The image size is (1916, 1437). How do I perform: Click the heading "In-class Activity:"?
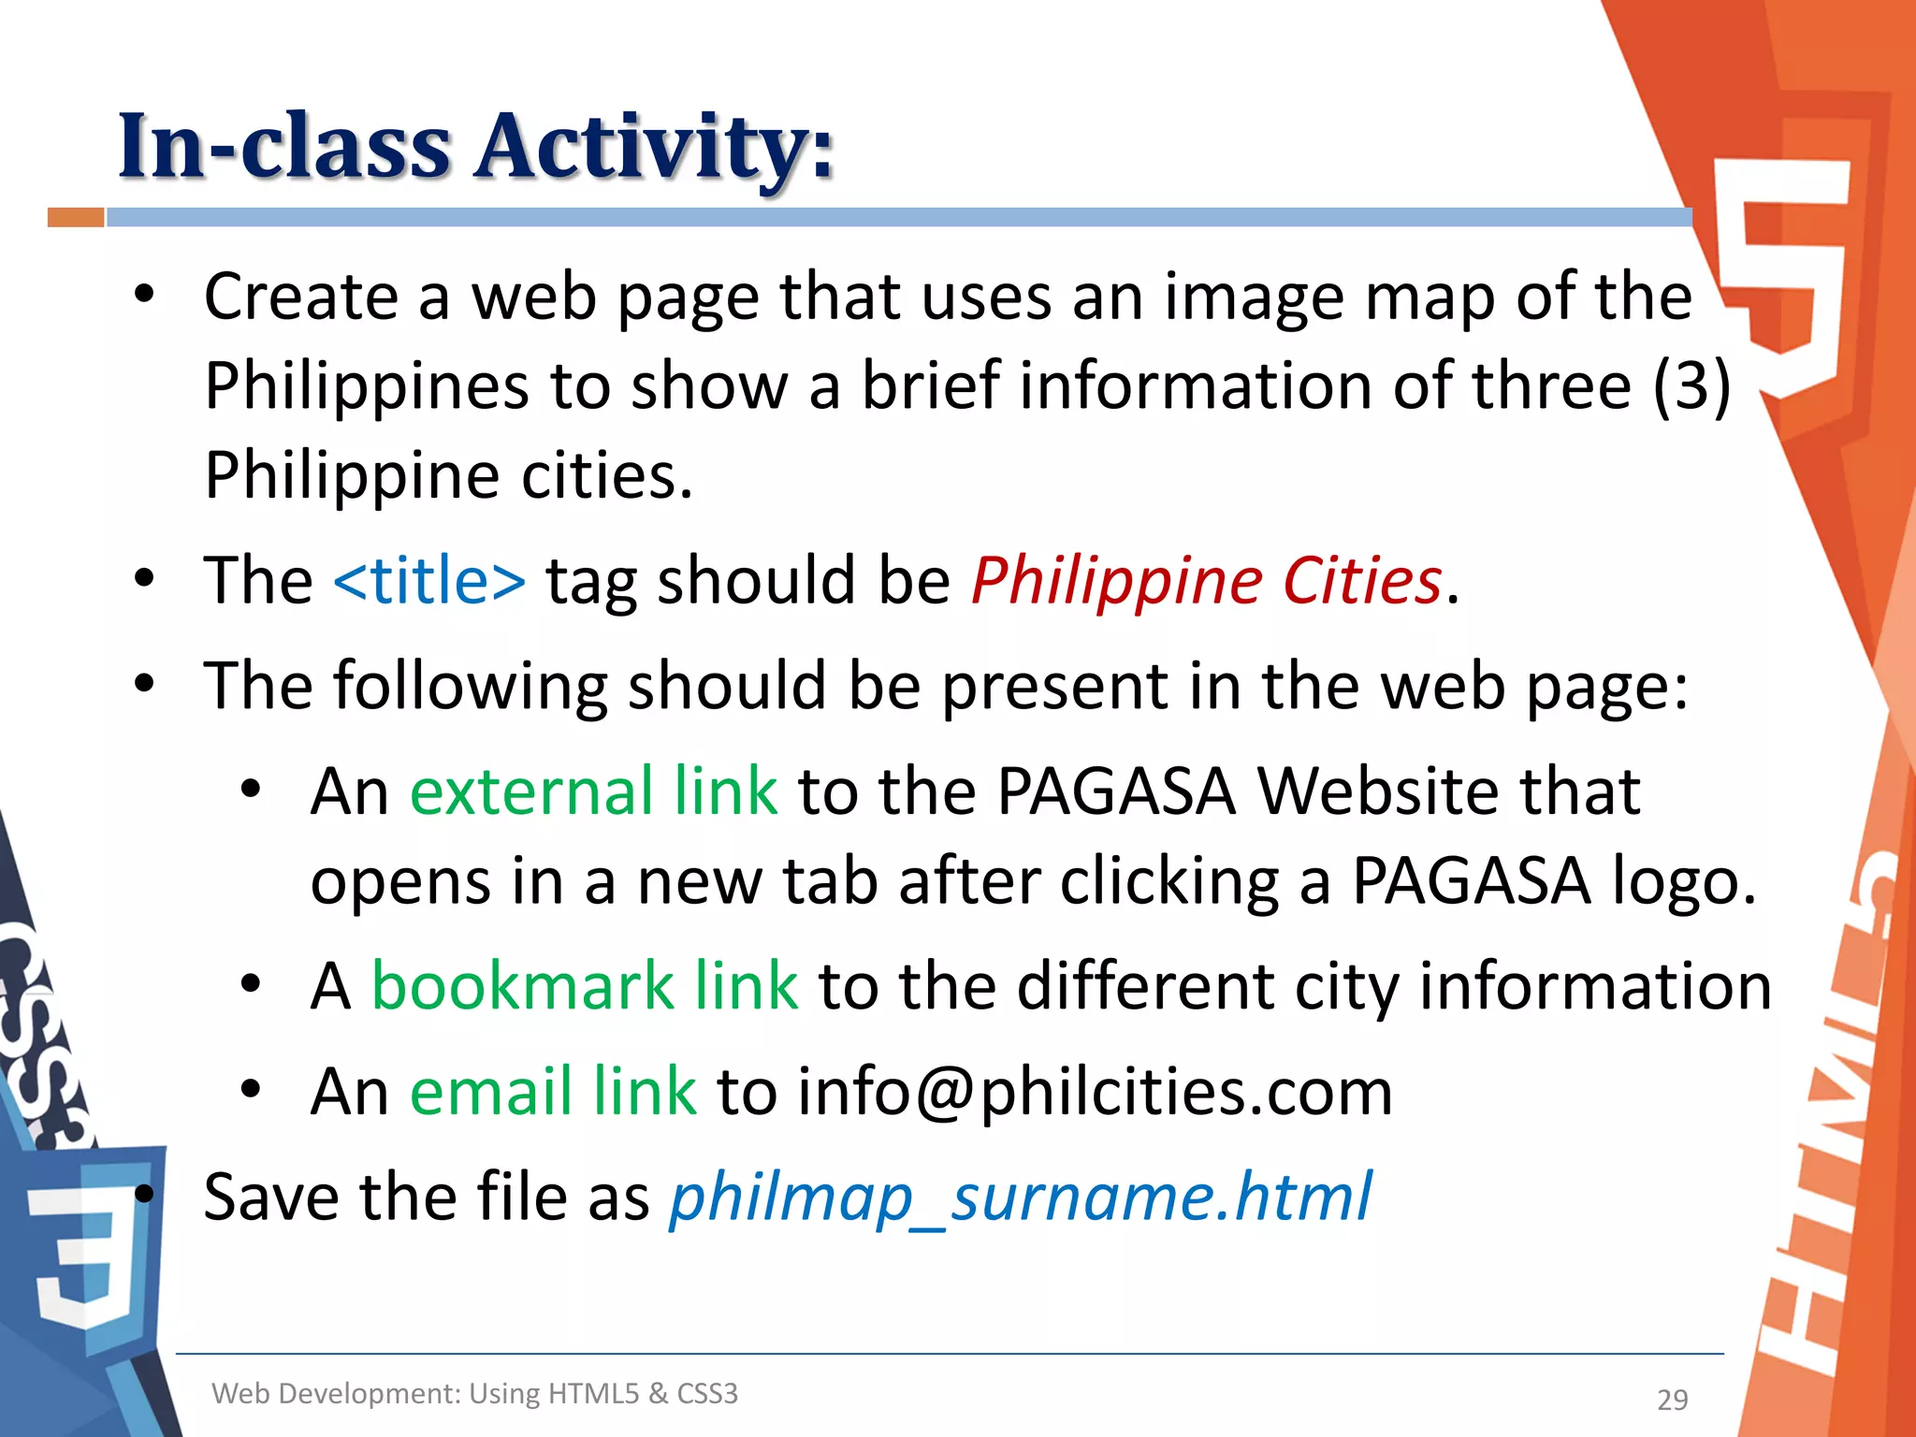coord(475,147)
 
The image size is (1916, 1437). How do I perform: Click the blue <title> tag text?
coord(429,581)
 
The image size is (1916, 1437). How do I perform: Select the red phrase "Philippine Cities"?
coord(1207,581)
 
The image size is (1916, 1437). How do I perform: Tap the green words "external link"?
coord(593,791)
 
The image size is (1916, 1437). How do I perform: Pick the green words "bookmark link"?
coord(585,986)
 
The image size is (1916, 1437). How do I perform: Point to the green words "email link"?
coord(553,1092)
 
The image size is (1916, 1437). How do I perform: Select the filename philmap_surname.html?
coord(1021,1197)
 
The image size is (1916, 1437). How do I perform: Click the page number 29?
coord(1672,1400)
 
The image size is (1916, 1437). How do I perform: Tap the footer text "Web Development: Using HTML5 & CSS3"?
coord(475,1394)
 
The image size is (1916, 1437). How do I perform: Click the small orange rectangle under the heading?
coord(76,217)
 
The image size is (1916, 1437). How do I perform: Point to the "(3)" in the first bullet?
coord(1691,385)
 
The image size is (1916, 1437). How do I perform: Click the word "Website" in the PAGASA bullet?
coord(1448,791)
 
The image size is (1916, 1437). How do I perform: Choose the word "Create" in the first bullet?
coord(301,297)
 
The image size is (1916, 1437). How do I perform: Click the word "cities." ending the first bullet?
coord(606,475)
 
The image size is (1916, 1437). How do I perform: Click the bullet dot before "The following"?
coord(143,684)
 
